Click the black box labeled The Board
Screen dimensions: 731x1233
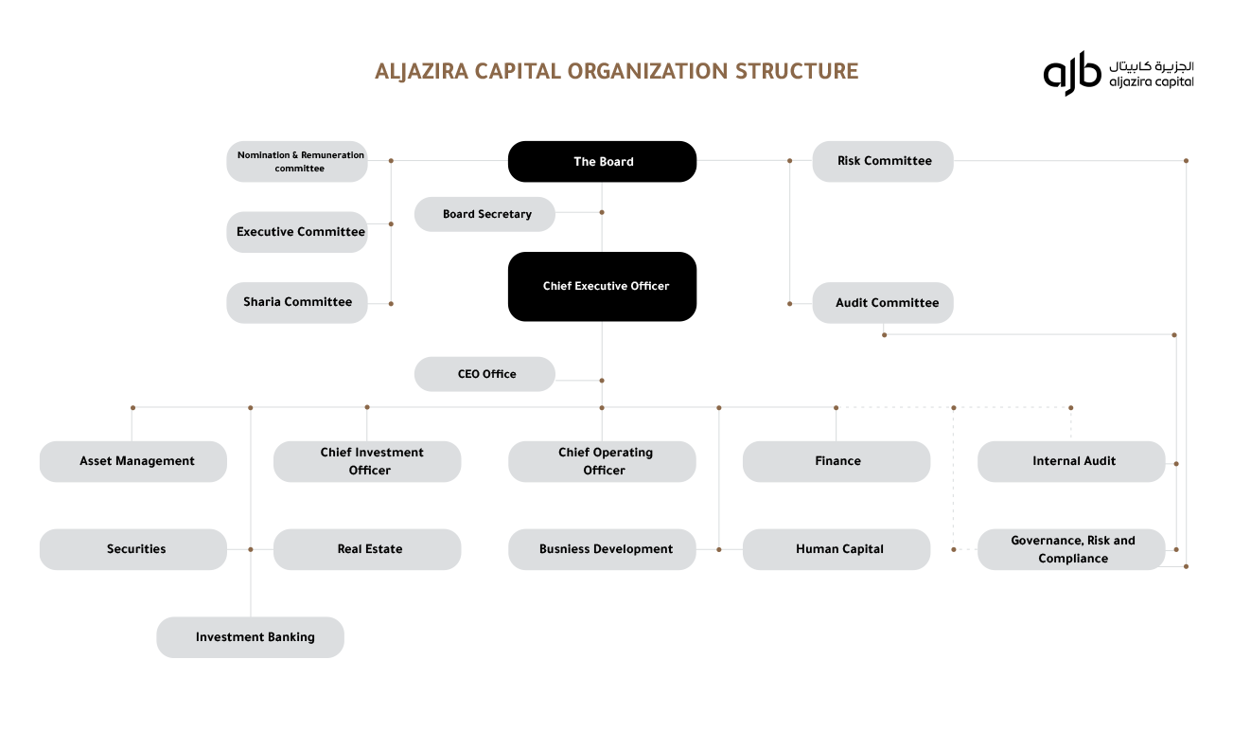coord(602,161)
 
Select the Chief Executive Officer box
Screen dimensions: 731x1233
coord(602,286)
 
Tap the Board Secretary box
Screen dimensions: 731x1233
coord(484,214)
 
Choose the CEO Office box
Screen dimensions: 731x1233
coord(484,374)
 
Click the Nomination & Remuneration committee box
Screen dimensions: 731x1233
coord(297,161)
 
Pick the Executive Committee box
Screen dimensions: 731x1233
coord(297,232)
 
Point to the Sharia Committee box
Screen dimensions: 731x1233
coord(297,302)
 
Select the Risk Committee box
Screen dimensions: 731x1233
coord(883,161)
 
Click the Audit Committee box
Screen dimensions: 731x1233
coord(883,303)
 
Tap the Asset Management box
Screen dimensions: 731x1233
coord(133,461)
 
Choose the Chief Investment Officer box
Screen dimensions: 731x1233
coord(367,461)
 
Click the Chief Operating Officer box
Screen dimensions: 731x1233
coord(602,461)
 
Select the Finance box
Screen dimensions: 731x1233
coord(837,461)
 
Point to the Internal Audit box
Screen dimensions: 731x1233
coord(1071,461)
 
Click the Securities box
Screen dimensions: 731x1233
coord(133,549)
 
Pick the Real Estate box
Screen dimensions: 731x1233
coord(367,549)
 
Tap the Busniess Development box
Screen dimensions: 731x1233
coord(602,549)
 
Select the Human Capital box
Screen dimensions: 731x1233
coord(837,549)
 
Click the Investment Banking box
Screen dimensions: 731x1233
coord(251,637)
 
